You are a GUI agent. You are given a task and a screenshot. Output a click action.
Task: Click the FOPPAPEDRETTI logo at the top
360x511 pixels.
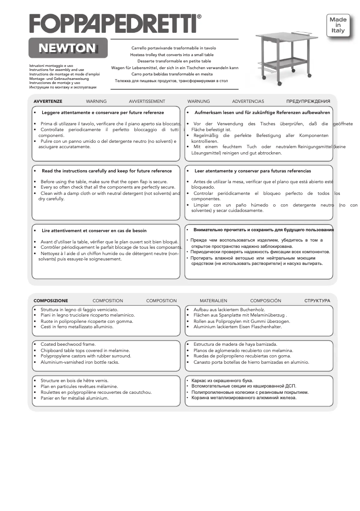tap(112, 23)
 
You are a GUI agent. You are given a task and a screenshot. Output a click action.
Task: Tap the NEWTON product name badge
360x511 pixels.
tap(67, 48)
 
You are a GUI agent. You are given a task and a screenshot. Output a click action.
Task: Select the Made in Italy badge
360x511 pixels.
tap(338, 26)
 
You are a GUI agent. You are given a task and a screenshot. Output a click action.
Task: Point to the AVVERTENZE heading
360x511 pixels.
tap(48, 101)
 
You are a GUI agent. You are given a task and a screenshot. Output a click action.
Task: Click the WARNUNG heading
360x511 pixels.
tap(198, 101)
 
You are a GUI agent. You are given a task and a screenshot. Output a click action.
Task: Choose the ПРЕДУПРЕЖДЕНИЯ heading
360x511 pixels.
tap(308, 101)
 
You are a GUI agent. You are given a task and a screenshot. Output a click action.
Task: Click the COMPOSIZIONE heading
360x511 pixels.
tap(51, 301)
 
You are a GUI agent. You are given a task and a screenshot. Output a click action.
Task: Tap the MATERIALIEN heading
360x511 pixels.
tap(213, 301)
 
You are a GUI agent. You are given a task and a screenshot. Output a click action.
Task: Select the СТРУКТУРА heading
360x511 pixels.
tap(317, 301)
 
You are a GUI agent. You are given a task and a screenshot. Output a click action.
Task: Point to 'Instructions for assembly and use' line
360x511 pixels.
tap(57, 70)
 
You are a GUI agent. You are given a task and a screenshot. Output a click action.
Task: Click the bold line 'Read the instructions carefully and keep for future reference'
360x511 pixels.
tap(106, 171)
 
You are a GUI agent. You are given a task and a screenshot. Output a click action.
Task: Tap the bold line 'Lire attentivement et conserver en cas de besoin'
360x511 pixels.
tap(94, 231)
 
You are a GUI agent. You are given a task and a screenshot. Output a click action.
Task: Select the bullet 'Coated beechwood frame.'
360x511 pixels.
tap(68, 344)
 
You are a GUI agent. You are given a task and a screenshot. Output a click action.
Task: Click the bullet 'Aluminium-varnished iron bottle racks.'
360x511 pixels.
tap(79, 362)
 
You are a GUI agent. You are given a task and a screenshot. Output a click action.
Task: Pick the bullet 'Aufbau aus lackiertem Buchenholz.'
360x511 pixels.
tap(229, 310)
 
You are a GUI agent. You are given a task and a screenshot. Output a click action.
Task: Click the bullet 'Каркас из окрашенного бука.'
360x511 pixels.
tap(222, 380)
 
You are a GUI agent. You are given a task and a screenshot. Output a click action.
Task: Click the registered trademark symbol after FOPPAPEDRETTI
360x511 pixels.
tap(199, 17)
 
